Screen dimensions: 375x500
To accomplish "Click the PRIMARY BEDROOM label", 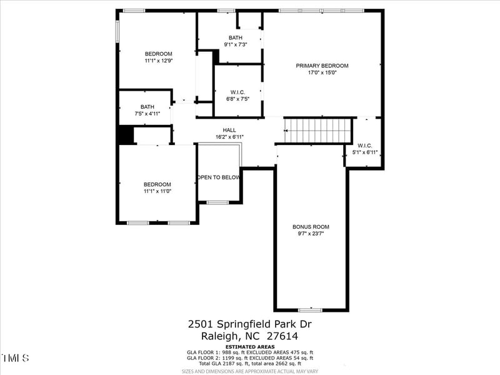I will (322, 66).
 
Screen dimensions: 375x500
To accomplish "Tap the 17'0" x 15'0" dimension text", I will (322, 72).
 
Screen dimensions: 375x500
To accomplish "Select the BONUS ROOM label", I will (311, 227).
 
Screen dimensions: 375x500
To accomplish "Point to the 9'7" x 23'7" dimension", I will (311, 234).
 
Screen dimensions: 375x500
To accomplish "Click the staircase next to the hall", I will (318, 131).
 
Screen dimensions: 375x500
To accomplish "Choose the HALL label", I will (229, 130).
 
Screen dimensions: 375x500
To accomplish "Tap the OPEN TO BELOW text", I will (219, 177).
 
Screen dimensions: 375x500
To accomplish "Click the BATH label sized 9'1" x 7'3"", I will (235, 37).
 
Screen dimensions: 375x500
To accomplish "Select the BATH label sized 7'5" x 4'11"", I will (147, 107).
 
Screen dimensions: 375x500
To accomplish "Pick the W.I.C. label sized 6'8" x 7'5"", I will (237, 92).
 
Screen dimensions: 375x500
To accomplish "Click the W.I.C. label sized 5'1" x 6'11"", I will (365, 146).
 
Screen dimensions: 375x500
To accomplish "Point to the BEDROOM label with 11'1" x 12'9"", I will (158, 54).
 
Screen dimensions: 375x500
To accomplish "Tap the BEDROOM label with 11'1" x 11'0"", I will (157, 184).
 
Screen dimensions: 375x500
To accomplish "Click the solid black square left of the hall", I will (126, 135).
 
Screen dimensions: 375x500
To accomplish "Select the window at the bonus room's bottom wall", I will (310, 310).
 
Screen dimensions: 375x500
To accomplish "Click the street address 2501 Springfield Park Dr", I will (249, 324).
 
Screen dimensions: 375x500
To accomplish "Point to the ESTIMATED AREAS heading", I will (249, 346).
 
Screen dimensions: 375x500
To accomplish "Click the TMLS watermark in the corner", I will (15, 358).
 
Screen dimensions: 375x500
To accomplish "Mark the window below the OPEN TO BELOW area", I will (217, 202).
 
